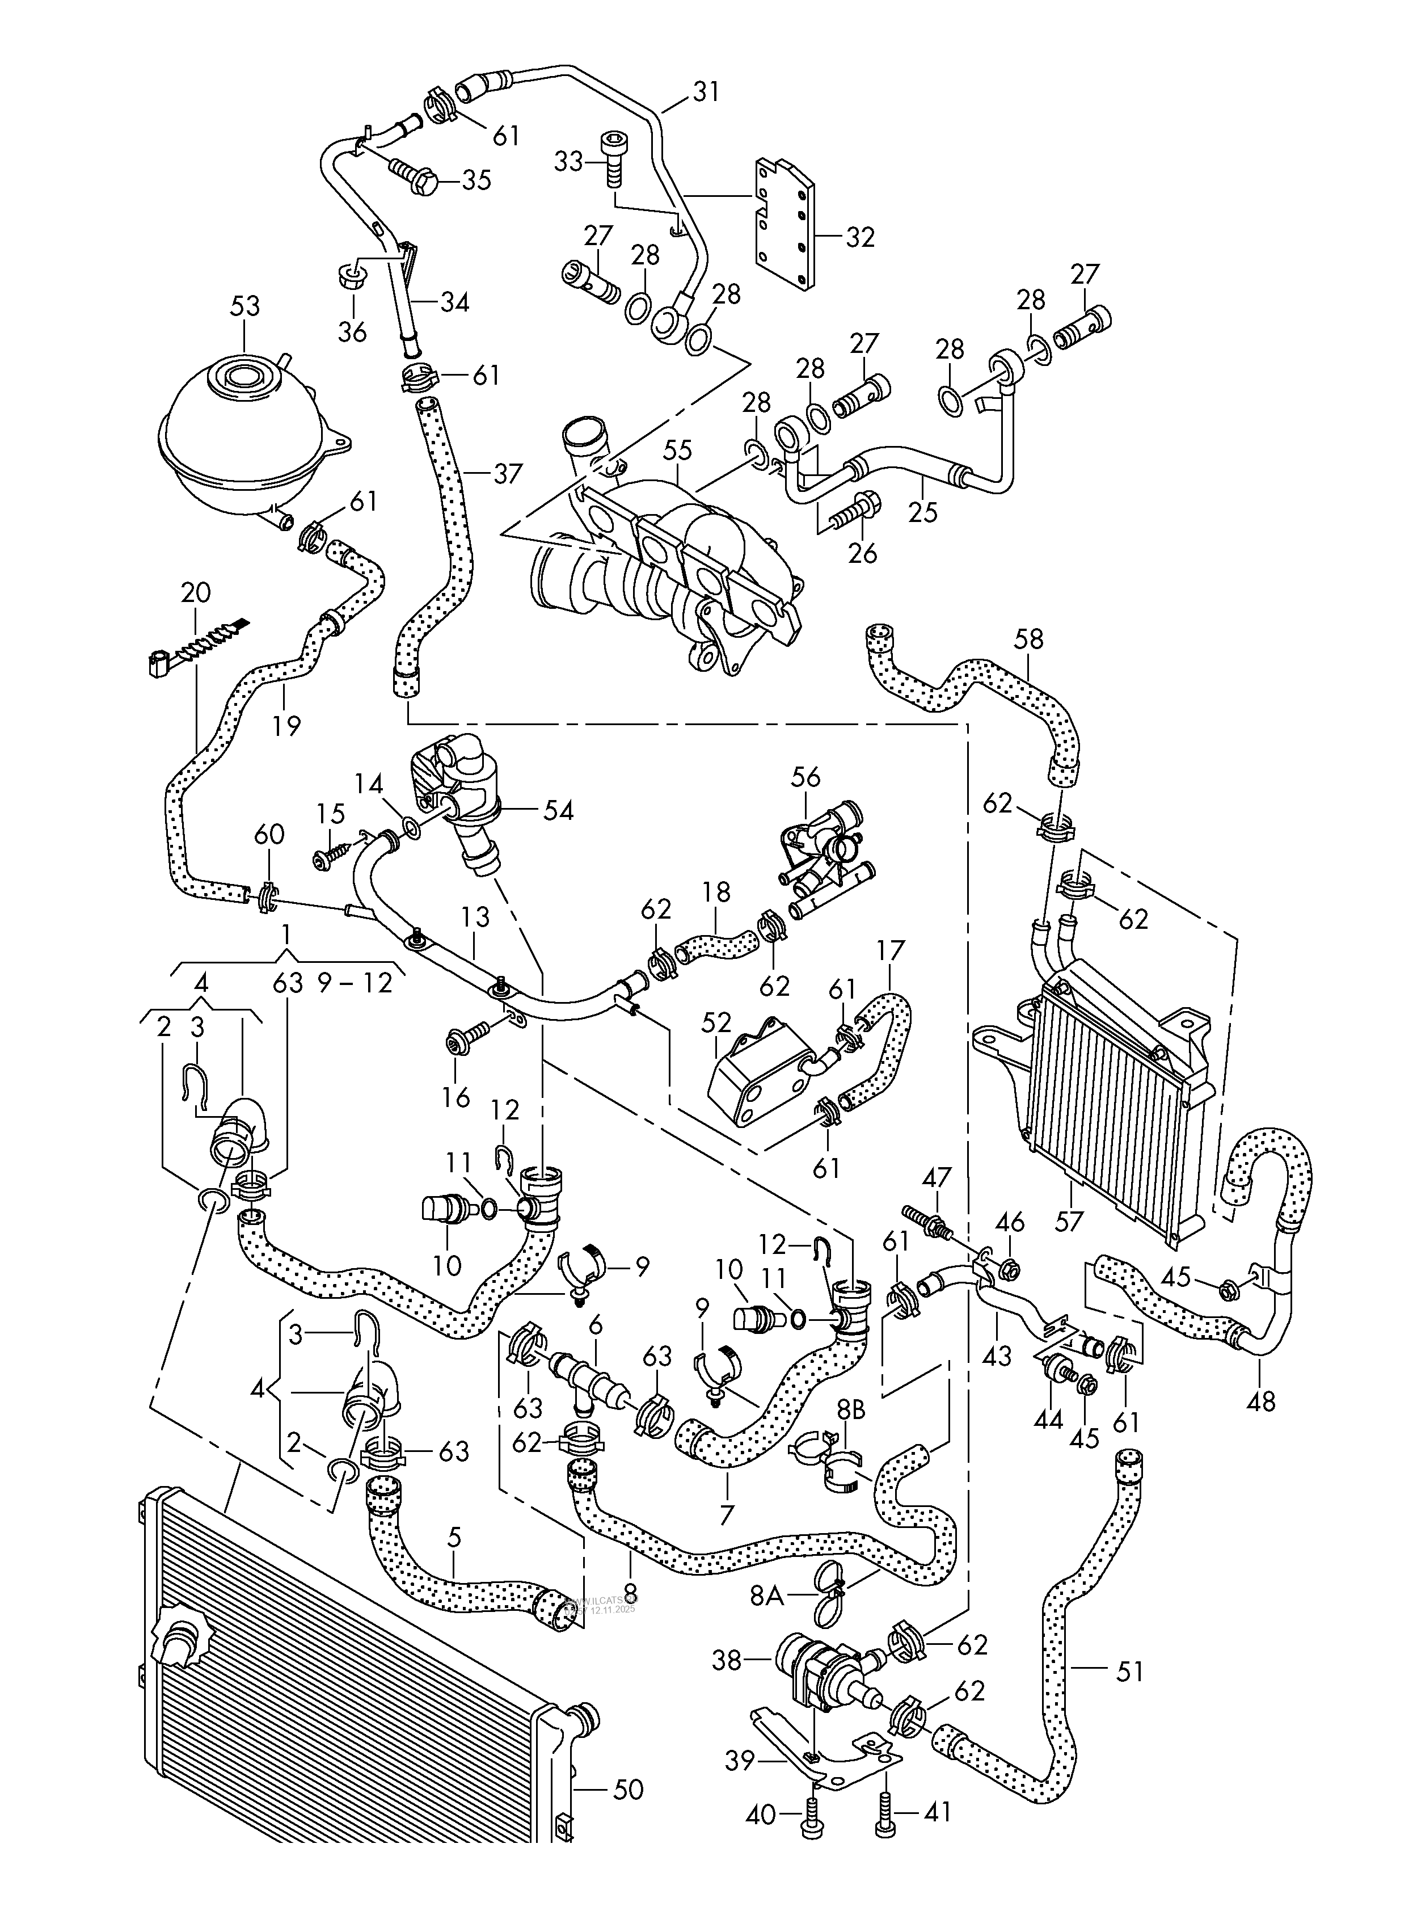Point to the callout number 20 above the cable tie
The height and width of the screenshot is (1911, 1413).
pyautogui.click(x=195, y=592)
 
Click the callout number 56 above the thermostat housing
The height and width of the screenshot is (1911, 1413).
pyautogui.click(x=805, y=777)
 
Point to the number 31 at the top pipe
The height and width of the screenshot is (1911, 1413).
pyautogui.click(x=706, y=91)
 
